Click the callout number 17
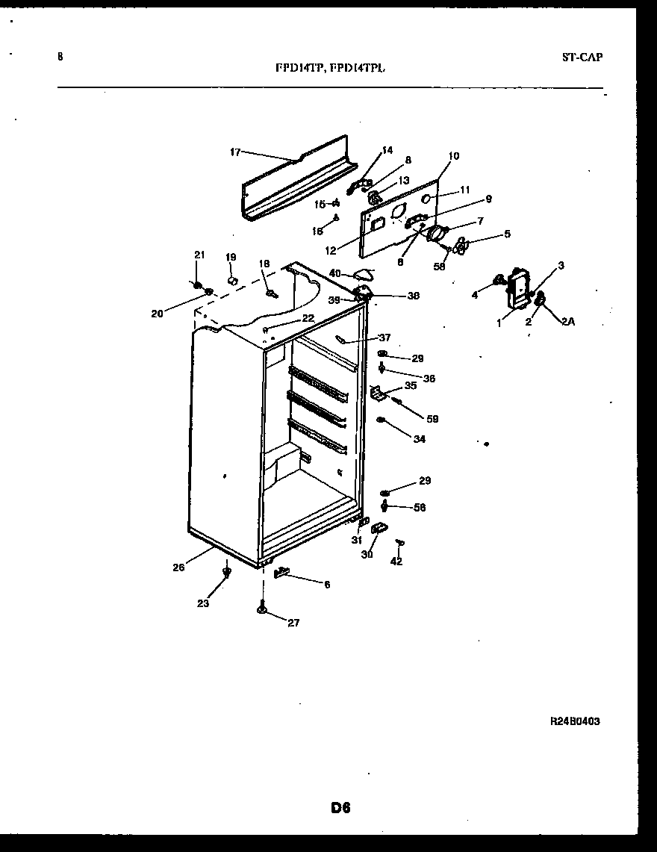[234, 152]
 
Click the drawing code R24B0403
[575, 721]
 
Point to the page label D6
[340, 807]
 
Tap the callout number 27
[293, 623]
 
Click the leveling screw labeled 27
[263, 609]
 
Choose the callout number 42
[396, 562]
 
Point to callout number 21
[199, 255]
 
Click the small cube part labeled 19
[231, 280]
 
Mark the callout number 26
[178, 567]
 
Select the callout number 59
[432, 419]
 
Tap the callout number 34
[419, 439]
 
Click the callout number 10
[454, 156]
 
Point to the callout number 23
[203, 603]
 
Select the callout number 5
[506, 234]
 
